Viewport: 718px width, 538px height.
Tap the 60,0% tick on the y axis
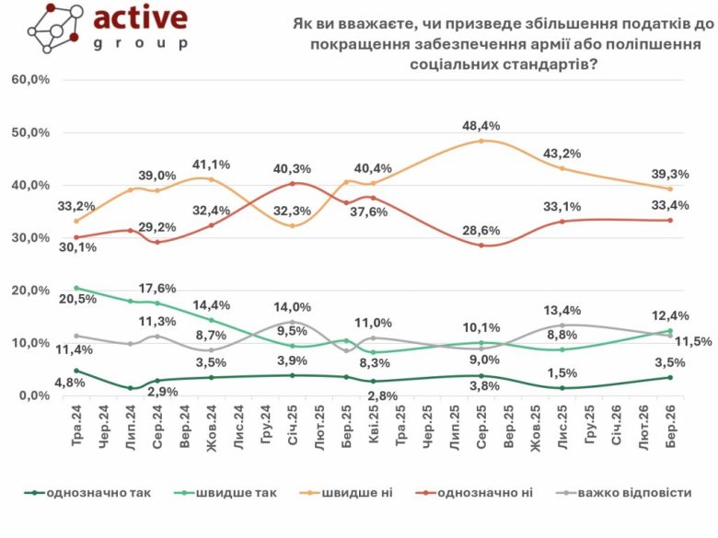[x=30, y=80]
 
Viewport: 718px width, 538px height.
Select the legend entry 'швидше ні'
[x=356, y=493]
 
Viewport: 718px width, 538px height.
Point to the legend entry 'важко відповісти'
[x=634, y=493]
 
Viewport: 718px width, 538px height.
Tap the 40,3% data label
[x=292, y=168]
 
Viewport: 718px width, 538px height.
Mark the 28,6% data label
[x=481, y=228]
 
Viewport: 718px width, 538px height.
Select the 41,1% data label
[x=211, y=164]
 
